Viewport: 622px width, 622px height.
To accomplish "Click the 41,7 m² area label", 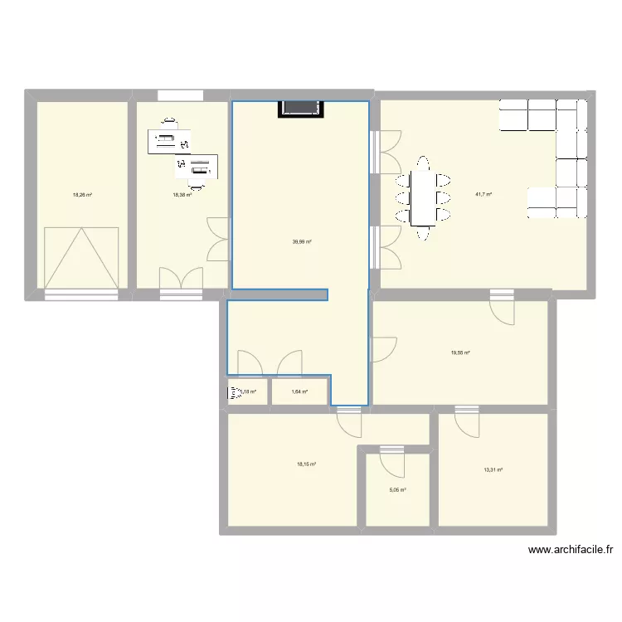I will [x=483, y=195].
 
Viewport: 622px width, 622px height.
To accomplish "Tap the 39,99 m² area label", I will [x=302, y=242].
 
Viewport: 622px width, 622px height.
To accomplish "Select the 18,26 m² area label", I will [x=82, y=195].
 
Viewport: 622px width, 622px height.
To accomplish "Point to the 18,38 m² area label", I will [x=182, y=195].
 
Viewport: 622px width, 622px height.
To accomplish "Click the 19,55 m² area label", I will [x=460, y=352].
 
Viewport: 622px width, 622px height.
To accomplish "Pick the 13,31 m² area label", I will [x=493, y=470].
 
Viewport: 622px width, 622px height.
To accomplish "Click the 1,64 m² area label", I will [x=299, y=391].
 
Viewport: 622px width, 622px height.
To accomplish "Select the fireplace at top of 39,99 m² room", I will [x=300, y=109].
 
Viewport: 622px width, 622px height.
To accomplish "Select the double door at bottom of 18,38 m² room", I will [x=181, y=280].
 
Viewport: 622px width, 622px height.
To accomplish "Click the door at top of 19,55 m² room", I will [x=502, y=307].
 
